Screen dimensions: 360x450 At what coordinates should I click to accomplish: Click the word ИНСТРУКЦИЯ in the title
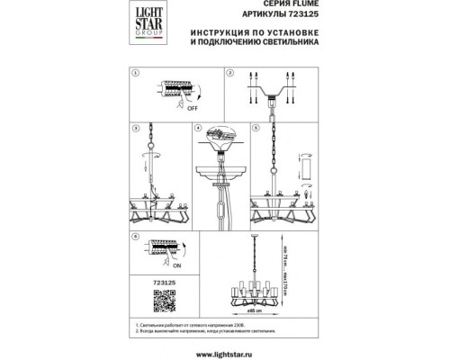click(x=218, y=41)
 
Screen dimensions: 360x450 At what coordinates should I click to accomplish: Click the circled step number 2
click(x=230, y=71)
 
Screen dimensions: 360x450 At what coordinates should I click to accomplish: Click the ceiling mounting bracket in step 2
click(x=271, y=90)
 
